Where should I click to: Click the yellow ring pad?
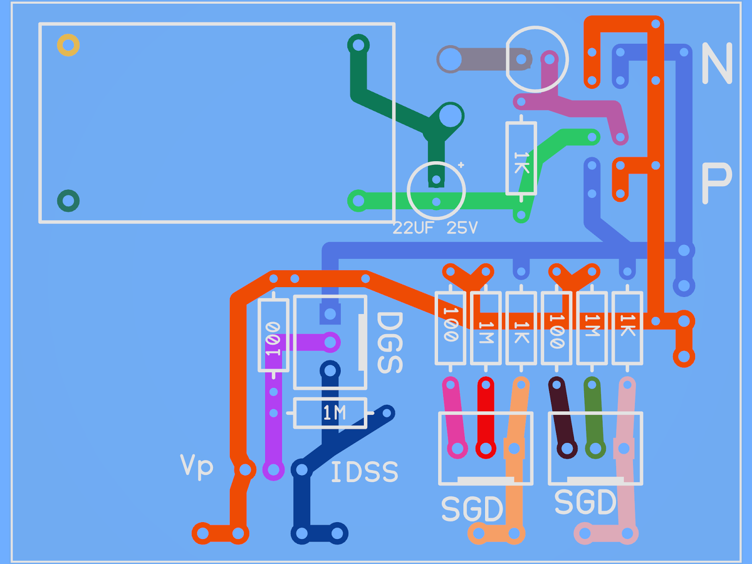click(68, 45)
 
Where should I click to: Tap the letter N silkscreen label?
click(716, 63)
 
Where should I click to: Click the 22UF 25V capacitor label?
click(435, 228)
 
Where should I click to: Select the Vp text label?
click(196, 466)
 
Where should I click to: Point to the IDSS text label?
click(364, 472)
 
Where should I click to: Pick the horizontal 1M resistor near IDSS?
click(330, 413)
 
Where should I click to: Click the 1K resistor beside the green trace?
click(521, 158)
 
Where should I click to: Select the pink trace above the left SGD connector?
click(454, 416)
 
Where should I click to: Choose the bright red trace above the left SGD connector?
click(486, 416)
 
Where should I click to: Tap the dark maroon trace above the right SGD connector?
click(562, 416)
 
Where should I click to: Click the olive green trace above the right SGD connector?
click(593, 416)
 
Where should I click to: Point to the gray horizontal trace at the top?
click(484, 60)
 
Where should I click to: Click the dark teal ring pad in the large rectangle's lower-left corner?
click(68, 201)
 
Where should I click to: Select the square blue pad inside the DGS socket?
click(330, 313)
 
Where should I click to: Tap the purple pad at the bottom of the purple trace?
click(273, 470)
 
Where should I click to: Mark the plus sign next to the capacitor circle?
click(461, 165)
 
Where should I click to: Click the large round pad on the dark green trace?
click(450, 115)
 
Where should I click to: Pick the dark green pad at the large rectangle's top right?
click(358, 45)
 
